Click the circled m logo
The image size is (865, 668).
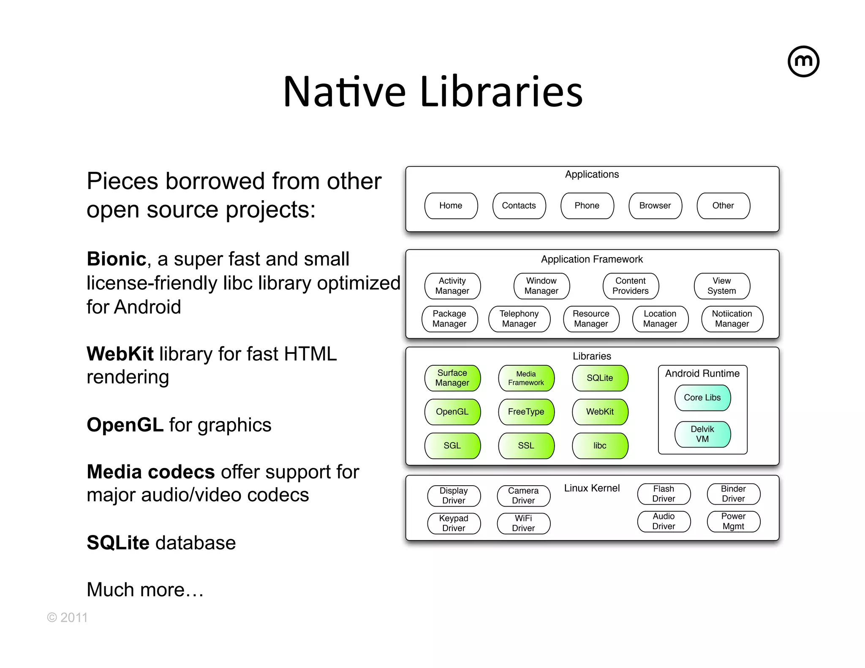pos(803,62)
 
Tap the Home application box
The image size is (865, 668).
pos(451,206)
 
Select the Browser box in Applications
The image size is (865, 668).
pos(655,206)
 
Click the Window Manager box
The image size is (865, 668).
pos(541,286)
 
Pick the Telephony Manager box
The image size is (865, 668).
pos(519,319)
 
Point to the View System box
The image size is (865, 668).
pos(721,286)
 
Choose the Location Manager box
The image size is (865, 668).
pos(660,319)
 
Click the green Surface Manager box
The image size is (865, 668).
pos(452,378)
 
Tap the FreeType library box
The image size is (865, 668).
pos(526,412)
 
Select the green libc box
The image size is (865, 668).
pos(600,445)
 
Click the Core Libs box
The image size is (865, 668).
pos(702,397)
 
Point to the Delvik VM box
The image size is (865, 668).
pos(702,434)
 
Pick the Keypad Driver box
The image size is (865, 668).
pos(454,523)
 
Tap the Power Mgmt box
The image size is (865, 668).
pos(733,521)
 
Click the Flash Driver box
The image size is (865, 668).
pos(664,494)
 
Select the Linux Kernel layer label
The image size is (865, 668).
pos(592,488)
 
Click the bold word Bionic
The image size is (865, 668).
pos(116,259)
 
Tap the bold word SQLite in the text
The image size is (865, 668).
pos(118,543)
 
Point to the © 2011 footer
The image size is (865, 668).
pos(67,617)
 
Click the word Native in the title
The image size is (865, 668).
pos(344,92)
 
